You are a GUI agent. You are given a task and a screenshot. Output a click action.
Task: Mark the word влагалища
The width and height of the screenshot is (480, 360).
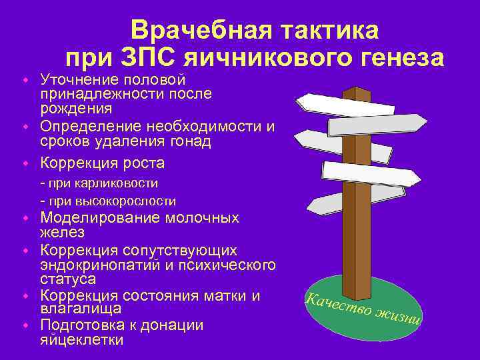pos(81,309)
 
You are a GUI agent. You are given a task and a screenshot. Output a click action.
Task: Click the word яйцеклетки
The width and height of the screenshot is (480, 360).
pos(82,339)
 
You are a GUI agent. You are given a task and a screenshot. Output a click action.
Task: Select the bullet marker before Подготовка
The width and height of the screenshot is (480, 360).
pos(25,325)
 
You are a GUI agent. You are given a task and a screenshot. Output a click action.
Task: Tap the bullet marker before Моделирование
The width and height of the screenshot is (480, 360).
pos(25,218)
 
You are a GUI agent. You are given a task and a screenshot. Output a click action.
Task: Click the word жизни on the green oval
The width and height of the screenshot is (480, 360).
pos(398,317)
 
